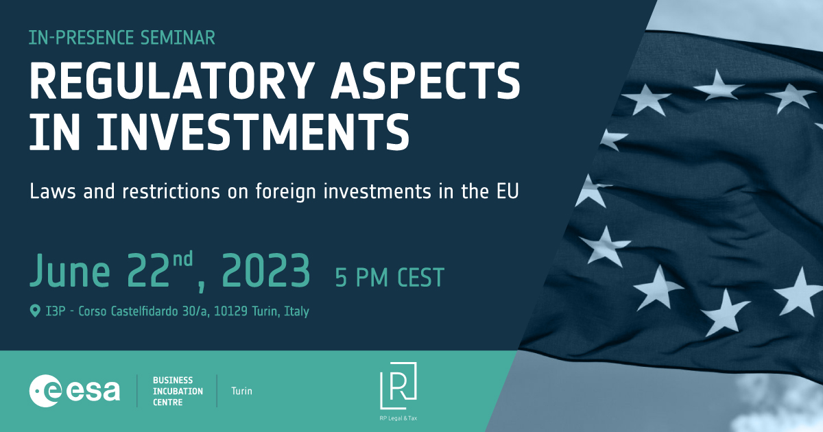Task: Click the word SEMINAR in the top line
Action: tap(178, 38)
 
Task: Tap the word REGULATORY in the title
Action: tap(172, 80)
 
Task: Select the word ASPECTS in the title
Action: tap(425, 80)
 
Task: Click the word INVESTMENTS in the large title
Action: tap(253, 132)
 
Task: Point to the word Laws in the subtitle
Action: tap(53, 191)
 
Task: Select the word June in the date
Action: tap(70, 271)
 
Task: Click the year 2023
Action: tap(266, 271)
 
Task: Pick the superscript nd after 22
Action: tap(183, 259)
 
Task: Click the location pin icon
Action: tap(35, 311)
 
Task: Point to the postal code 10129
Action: tap(230, 311)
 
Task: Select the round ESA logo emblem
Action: tap(45, 391)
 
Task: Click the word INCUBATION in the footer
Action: tap(178, 392)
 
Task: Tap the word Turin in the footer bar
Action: tap(241, 391)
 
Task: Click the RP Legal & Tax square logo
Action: tap(398, 385)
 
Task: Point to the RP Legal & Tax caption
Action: tap(398, 418)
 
